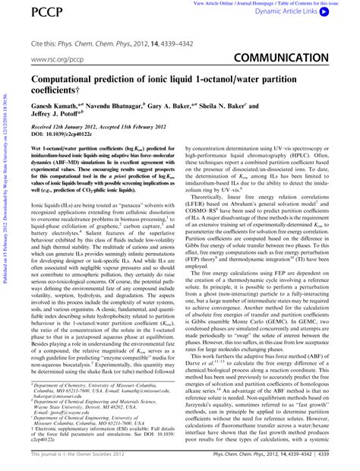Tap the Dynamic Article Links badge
tap(313, 13)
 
